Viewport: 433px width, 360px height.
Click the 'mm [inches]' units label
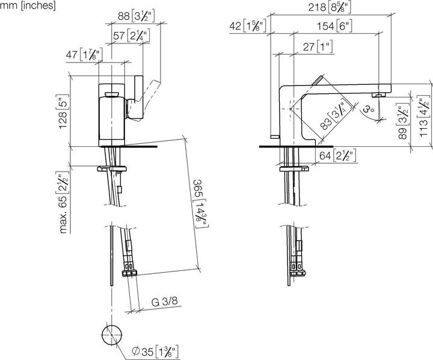tap(28, 6)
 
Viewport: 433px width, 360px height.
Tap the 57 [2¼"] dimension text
tap(131, 36)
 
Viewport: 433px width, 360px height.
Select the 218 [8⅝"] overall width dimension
tap(330, 8)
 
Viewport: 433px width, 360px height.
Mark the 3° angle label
tap(369, 111)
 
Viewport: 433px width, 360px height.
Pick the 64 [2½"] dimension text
tap(337, 155)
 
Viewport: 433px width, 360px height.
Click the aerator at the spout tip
tap(378, 95)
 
